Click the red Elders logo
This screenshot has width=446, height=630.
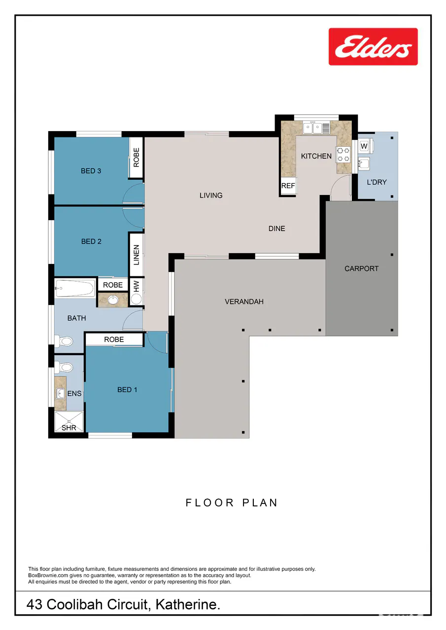(x=373, y=47)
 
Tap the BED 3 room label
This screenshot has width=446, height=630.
(x=91, y=171)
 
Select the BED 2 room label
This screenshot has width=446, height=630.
(x=91, y=241)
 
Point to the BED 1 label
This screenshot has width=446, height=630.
(x=127, y=390)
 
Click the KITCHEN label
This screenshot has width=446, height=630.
(x=316, y=156)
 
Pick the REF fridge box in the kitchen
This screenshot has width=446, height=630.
(x=288, y=186)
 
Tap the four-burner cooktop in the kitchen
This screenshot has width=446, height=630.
(x=343, y=155)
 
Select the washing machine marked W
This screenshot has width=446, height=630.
(x=365, y=146)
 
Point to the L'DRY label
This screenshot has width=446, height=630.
(x=377, y=182)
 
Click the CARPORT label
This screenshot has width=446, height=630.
(x=361, y=268)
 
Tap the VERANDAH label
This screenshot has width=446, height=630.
(x=244, y=301)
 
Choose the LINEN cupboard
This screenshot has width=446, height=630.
(x=136, y=255)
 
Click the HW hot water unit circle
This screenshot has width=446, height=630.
(x=136, y=299)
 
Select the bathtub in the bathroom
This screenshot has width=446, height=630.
(x=75, y=288)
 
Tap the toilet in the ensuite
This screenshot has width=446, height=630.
(x=64, y=367)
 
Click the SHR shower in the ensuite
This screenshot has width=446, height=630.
(x=69, y=421)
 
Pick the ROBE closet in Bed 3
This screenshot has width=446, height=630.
(x=136, y=158)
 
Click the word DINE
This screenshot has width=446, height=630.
(x=276, y=229)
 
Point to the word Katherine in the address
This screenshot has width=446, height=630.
(x=188, y=604)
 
